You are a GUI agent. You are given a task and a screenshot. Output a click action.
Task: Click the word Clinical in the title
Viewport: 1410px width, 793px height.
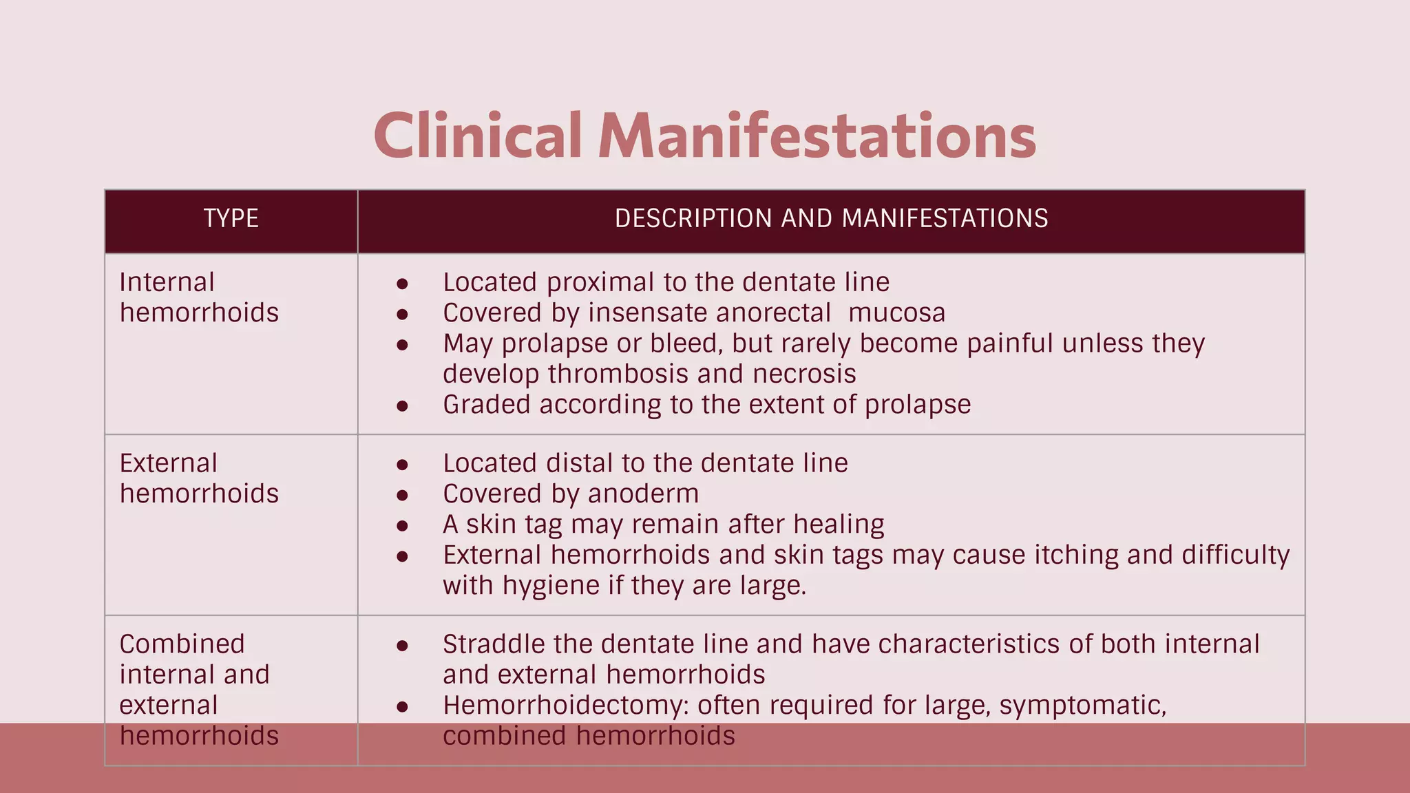click(x=478, y=136)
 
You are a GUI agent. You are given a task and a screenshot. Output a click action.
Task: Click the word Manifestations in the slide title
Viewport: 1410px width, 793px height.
click(x=817, y=136)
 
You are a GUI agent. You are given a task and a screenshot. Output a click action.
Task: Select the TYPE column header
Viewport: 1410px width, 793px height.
click(x=231, y=218)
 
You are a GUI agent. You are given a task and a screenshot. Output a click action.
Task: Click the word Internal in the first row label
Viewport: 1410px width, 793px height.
click(x=167, y=282)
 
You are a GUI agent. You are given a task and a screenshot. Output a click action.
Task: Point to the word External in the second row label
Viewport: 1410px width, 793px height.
click(x=168, y=463)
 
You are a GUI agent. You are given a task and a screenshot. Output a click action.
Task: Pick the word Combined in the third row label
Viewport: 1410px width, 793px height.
click(x=182, y=644)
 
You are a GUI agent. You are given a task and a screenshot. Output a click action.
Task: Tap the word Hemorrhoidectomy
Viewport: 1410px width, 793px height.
click(x=565, y=706)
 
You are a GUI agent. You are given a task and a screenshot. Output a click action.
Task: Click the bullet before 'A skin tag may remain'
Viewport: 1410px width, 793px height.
click(x=403, y=526)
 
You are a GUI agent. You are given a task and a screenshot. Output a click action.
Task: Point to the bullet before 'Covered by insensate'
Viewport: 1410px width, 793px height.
click(x=403, y=315)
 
